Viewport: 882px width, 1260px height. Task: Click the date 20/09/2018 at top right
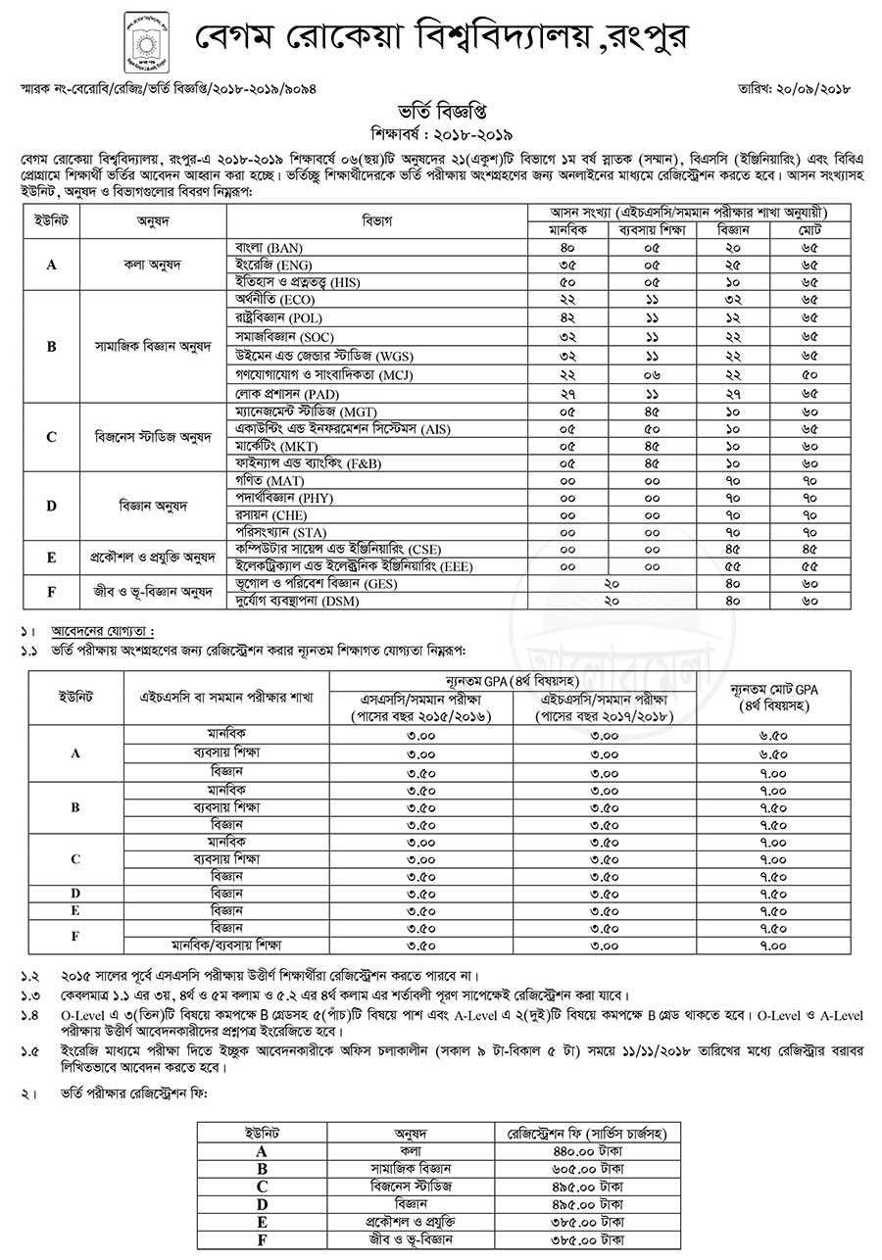click(814, 88)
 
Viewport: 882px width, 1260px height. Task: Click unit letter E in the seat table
click(51, 557)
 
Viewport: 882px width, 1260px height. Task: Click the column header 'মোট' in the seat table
click(809, 228)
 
